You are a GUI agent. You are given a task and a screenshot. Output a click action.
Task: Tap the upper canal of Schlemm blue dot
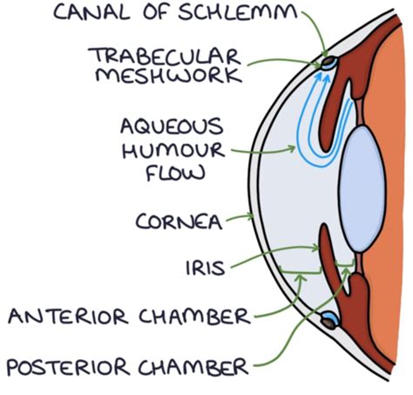[x=328, y=63]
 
